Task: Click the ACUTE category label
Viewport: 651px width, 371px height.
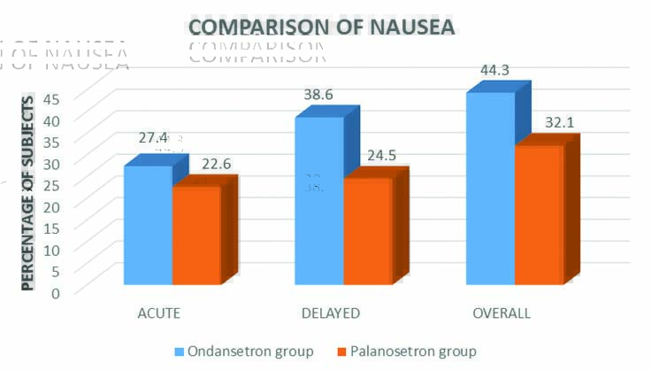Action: (x=160, y=313)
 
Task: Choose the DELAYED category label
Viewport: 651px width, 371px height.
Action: (x=330, y=313)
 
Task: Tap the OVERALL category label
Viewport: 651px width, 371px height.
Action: (x=501, y=313)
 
